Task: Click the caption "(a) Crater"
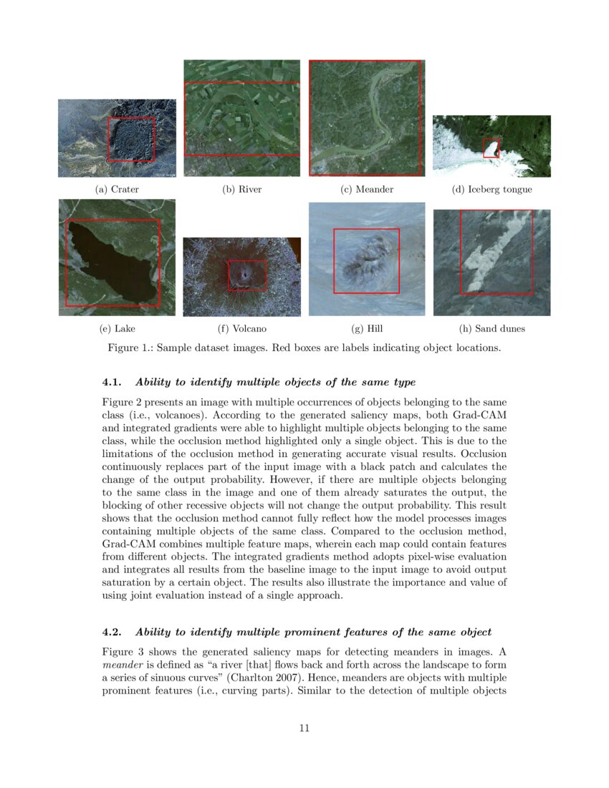pyautogui.click(x=117, y=190)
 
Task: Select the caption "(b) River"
pyautogui.click(x=241, y=190)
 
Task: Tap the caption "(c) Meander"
pyautogui.click(x=367, y=190)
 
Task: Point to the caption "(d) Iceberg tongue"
pyautogui.click(x=491, y=190)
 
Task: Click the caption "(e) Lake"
pyautogui.click(x=117, y=329)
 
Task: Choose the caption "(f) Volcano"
pyautogui.click(x=241, y=329)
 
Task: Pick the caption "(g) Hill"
pyautogui.click(x=367, y=329)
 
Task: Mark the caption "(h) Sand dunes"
pyautogui.click(x=491, y=329)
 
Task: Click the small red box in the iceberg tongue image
pyautogui.click(x=491, y=148)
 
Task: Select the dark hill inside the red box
pyautogui.click(x=365, y=261)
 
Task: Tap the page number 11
pyautogui.click(x=304, y=729)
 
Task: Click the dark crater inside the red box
pyautogui.click(x=131, y=140)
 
